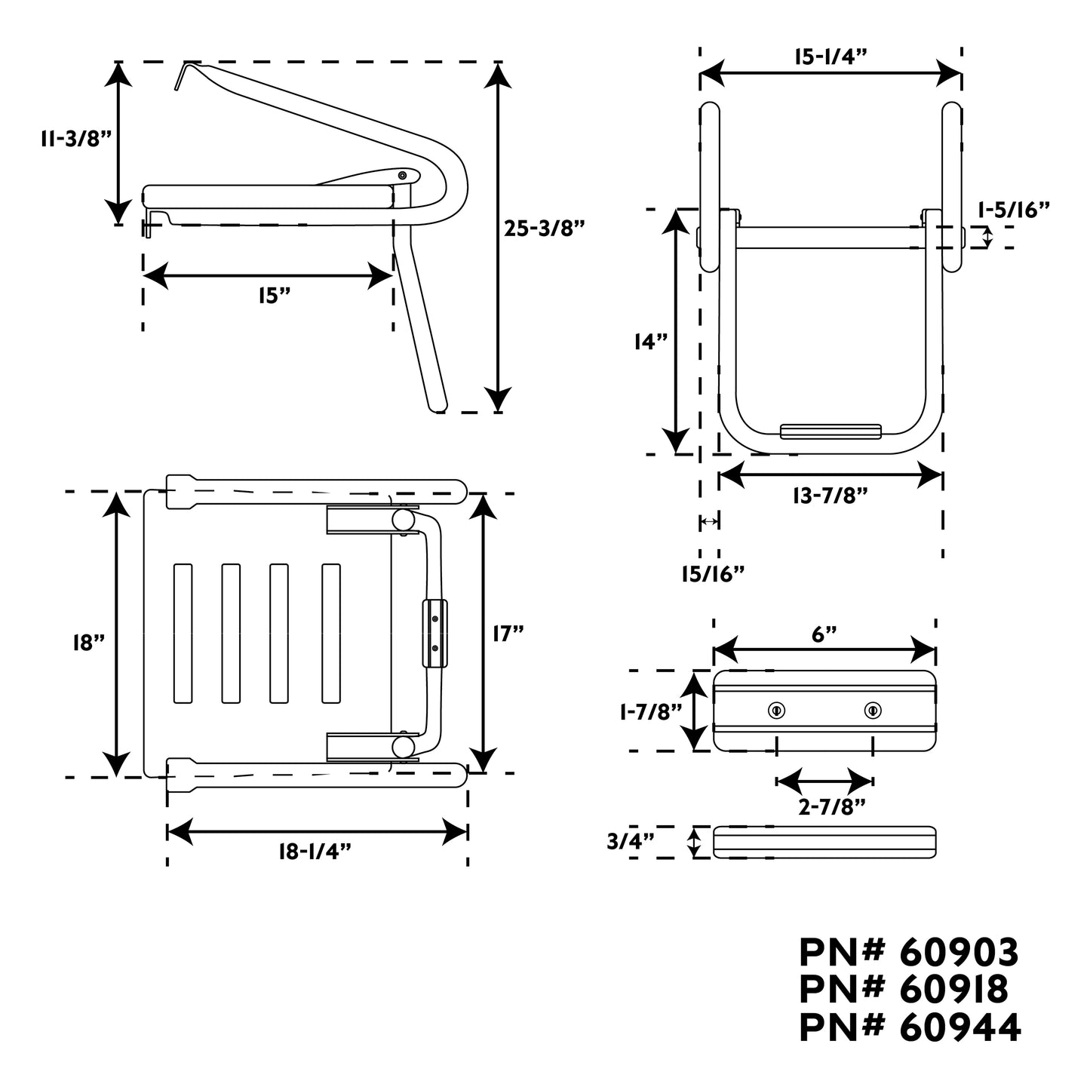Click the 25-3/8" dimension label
pyautogui.click(x=545, y=229)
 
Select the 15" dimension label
pyautogui.click(x=274, y=296)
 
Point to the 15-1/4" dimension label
pyautogui.click(x=831, y=57)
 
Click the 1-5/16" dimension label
pyautogui.click(x=1013, y=210)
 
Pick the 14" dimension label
pyautogui.click(x=651, y=342)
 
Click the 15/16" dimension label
pyautogui.click(x=713, y=574)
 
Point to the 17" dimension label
pyautogui.click(x=508, y=634)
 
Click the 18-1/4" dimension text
pyautogui.click(x=315, y=852)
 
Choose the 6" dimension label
pyautogui.click(x=824, y=634)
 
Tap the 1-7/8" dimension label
pyautogui.click(x=649, y=711)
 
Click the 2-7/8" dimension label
pyautogui.click(x=831, y=806)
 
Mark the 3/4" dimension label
pyautogui.click(x=630, y=841)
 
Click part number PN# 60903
pyautogui.click(x=909, y=953)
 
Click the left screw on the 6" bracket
pyautogui.click(x=776, y=710)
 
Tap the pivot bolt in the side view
pyautogui.click(x=402, y=175)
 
